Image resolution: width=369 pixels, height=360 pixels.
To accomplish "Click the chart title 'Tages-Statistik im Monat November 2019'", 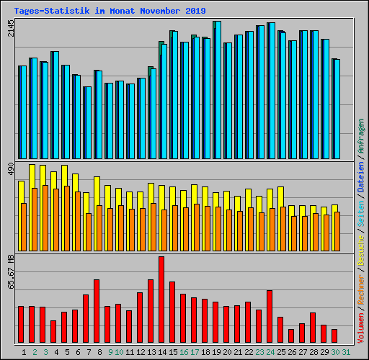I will coord(110,11).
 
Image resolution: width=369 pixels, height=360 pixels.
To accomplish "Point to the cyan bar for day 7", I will coord(87,122).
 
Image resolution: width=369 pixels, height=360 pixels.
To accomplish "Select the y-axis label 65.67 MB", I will coord(10,272).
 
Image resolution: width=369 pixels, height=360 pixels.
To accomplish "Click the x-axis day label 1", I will coord(24,351).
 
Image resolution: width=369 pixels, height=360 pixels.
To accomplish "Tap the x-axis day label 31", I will coord(345,351).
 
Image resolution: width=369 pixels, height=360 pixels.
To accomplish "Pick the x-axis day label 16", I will coord(184,351).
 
